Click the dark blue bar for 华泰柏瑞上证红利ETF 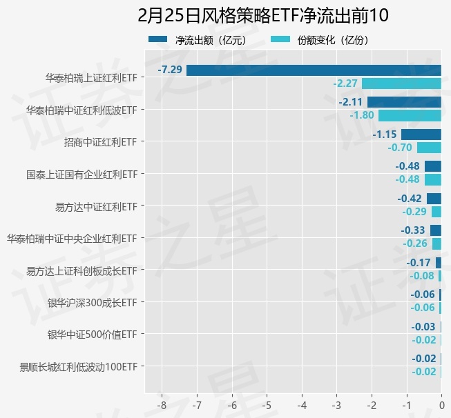pos(314,70)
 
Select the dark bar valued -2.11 pos(404,102)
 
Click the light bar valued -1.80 pos(410,115)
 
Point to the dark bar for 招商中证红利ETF pos(421,134)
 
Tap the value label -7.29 pos(170,70)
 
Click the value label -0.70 pos(400,148)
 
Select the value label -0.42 pos(410,199)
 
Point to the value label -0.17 pos(419,263)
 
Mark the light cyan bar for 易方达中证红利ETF pos(436,212)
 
